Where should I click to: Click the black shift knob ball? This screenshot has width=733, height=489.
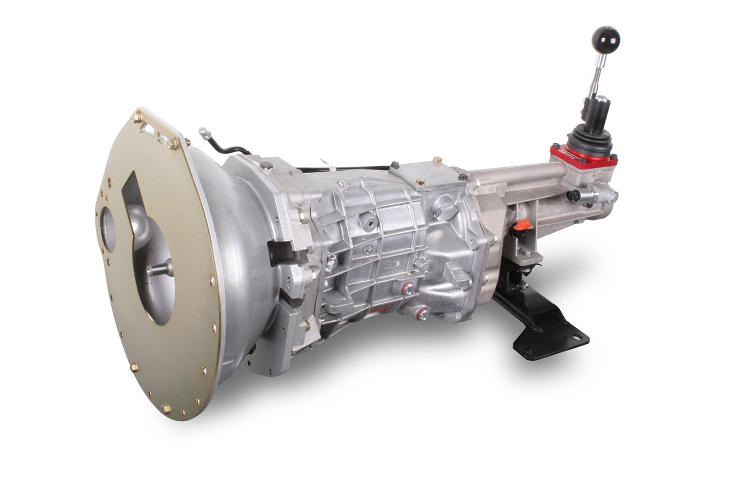(x=605, y=38)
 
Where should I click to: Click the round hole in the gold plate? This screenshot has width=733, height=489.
(x=109, y=229)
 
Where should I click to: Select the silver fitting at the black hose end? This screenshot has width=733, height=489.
(x=204, y=133)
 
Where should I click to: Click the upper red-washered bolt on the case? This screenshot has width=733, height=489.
(x=407, y=289)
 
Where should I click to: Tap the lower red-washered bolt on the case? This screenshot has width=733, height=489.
(x=421, y=314)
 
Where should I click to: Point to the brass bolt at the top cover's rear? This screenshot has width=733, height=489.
(x=437, y=160)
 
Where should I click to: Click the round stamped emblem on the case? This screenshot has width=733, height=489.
(x=367, y=249)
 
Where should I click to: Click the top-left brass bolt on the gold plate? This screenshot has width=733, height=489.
(x=137, y=117)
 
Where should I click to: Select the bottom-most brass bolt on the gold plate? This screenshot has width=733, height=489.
(x=166, y=408)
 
